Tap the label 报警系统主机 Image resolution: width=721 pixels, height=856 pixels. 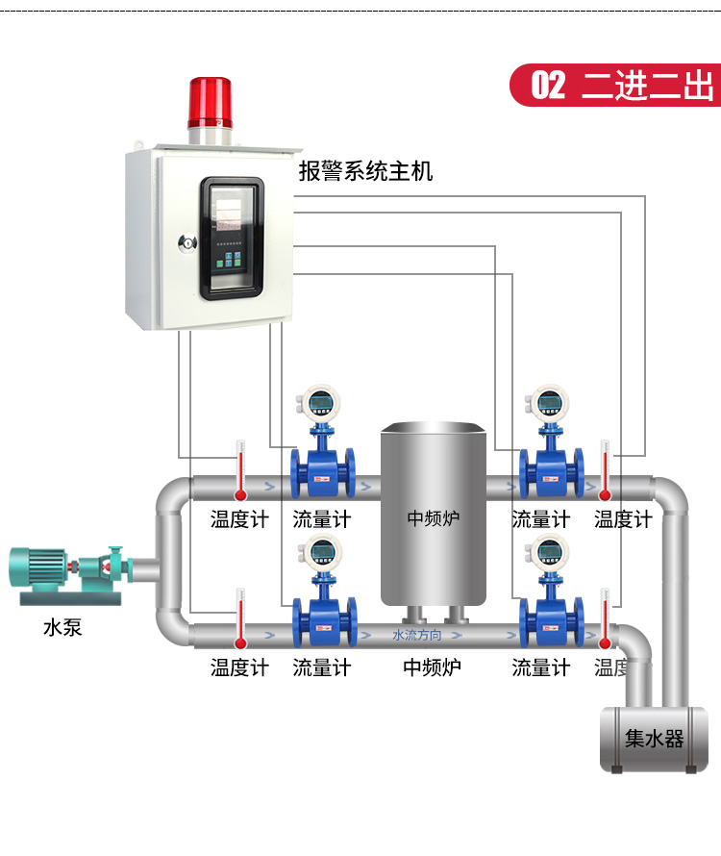click(x=365, y=171)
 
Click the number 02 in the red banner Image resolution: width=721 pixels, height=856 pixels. click(x=548, y=86)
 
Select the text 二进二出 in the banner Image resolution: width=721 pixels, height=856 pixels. click(x=648, y=86)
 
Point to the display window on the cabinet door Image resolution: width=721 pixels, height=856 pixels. click(x=231, y=236)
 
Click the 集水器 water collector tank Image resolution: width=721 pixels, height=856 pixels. click(x=654, y=739)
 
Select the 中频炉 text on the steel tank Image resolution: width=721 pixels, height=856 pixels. click(x=433, y=518)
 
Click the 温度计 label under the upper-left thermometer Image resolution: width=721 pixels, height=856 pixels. click(x=239, y=520)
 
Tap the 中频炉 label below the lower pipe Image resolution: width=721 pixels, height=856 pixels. click(x=432, y=667)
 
